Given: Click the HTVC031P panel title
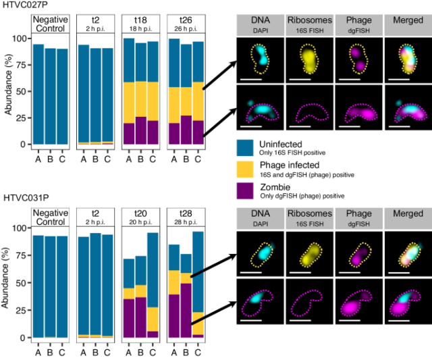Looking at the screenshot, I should coord(24,199).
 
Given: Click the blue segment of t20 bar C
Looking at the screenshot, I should coord(153,270).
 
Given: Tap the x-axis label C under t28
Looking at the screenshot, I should coord(198,349).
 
